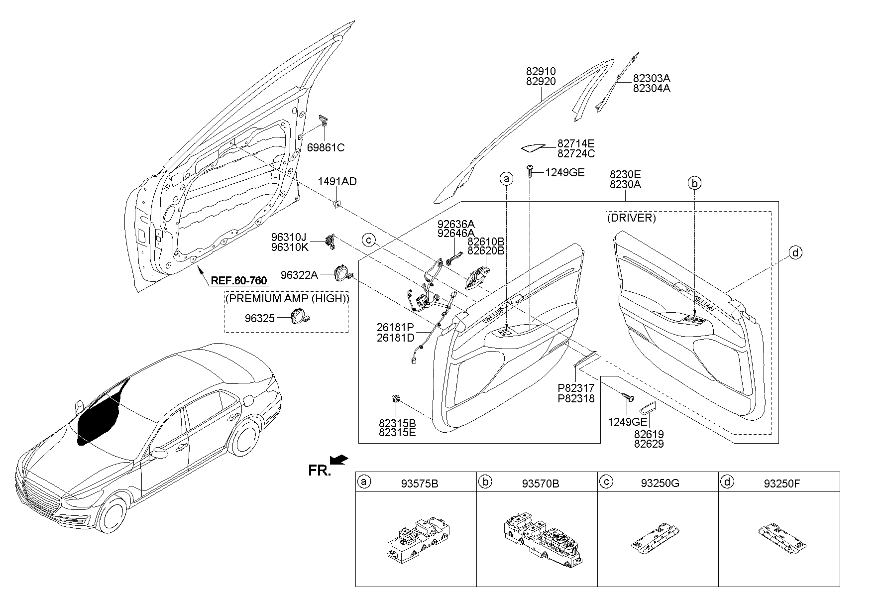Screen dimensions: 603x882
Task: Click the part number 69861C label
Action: coord(326,147)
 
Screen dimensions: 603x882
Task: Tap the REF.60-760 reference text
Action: coord(239,280)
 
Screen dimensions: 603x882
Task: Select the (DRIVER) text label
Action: coord(631,218)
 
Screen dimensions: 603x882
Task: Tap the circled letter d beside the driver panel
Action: coord(795,253)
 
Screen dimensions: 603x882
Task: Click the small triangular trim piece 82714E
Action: coord(533,147)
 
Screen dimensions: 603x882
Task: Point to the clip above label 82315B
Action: coord(396,398)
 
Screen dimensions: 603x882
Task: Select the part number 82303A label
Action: coord(652,78)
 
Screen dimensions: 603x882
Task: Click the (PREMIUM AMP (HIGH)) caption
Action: coord(287,299)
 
